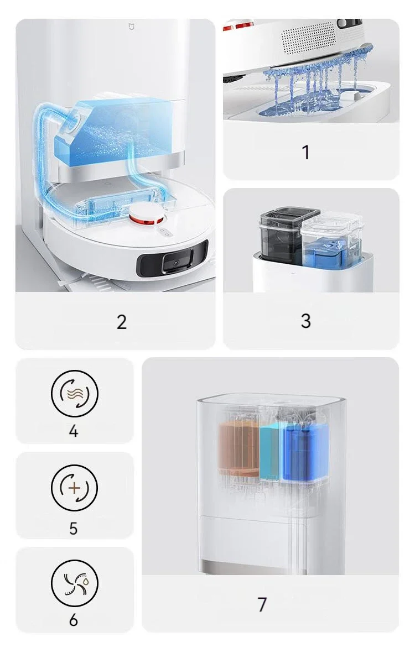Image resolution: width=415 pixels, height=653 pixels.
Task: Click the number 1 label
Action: point(306,152)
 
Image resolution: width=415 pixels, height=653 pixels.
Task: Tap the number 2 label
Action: point(121,322)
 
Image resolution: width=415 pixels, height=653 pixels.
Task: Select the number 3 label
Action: point(306,321)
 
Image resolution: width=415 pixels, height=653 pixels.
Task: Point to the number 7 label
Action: point(262,604)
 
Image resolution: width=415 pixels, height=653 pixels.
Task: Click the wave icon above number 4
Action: point(75,393)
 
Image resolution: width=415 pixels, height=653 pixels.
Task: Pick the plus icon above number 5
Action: point(75,488)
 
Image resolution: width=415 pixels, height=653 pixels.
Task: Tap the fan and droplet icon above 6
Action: point(75,583)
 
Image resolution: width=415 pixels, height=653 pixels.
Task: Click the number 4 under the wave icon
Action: point(74,431)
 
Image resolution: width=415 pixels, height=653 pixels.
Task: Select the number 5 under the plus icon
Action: point(74,529)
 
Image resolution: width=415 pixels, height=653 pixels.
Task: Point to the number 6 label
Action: point(74,620)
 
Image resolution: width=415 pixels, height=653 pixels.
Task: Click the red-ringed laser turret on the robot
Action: point(146,215)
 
